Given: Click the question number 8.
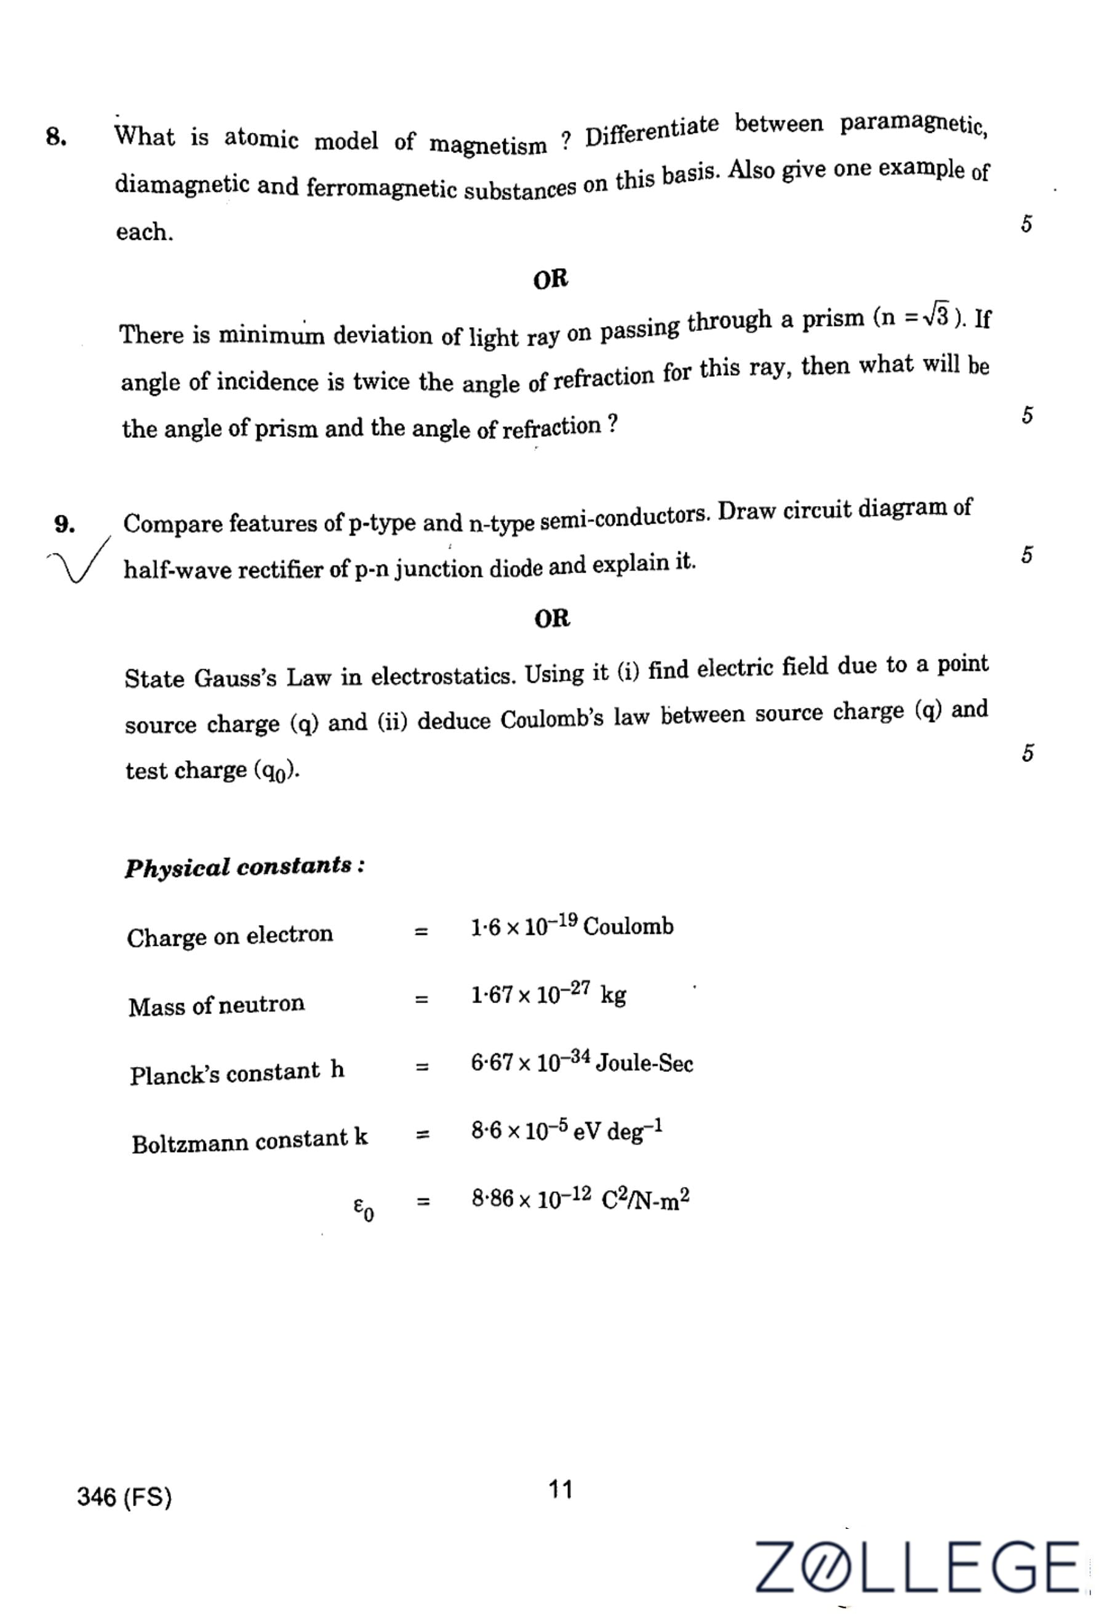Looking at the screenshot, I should pyautogui.click(x=55, y=137).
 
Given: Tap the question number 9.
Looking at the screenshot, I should pyautogui.click(x=64, y=525).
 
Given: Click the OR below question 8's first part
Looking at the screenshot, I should pyautogui.click(x=551, y=279).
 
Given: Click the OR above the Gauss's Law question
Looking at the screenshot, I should pyautogui.click(x=552, y=618).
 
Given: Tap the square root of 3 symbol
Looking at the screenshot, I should pyautogui.click(x=936, y=316).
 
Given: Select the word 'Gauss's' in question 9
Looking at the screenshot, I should pyautogui.click(x=236, y=678).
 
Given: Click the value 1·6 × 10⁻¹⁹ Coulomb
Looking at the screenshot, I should pyautogui.click(x=572, y=926).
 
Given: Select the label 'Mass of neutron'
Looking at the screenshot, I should pyautogui.click(x=216, y=1005).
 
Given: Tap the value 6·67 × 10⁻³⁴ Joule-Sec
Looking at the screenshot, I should pyautogui.click(x=581, y=1063).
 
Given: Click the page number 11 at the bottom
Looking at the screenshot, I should pyautogui.click(x=561, y=1489).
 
